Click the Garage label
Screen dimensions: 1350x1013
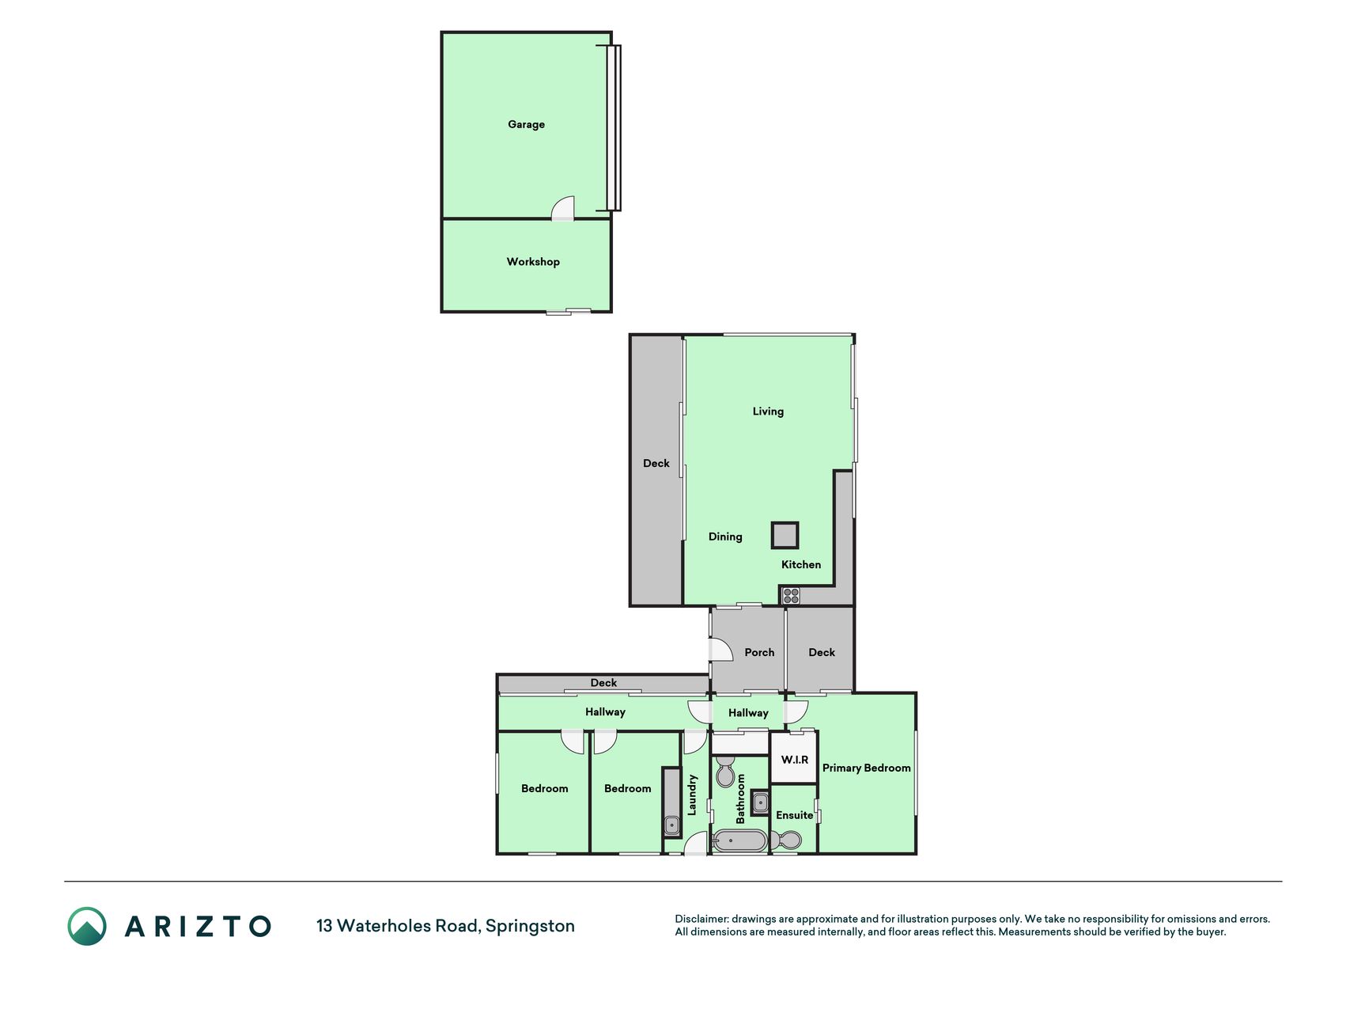click(x=526, y=124)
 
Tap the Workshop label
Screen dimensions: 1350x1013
click(x=533, y=262)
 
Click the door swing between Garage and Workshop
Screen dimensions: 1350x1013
click(x=562, y=208)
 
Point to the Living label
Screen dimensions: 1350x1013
click(x=768, y=412)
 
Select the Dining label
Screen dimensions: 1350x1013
click(x=725, y=537)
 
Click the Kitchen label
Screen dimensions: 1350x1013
click(x=801, y=564)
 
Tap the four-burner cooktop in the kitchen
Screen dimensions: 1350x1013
click(x=791, y=596)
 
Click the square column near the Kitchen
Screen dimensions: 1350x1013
click(x=785, y=536)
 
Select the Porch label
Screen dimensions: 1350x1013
click(x=759, y=652)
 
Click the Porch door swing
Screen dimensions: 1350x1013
click(x=721, y=649)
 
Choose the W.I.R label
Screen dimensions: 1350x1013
click(x=795, y=760)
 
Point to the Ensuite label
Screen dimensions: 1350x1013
click(x=795, y=815)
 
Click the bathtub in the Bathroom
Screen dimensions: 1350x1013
click(x=740, y=840)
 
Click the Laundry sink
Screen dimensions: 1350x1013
click(x=671, y=825)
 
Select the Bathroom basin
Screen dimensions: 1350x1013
click(x=760, y=803)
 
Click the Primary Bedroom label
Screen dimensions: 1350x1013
click(x=867, y=768)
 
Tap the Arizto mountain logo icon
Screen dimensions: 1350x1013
click(x=87, y=926)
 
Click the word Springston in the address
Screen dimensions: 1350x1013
click(x=530, y=926)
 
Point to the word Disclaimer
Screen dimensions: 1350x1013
click(x=701, y=919)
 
